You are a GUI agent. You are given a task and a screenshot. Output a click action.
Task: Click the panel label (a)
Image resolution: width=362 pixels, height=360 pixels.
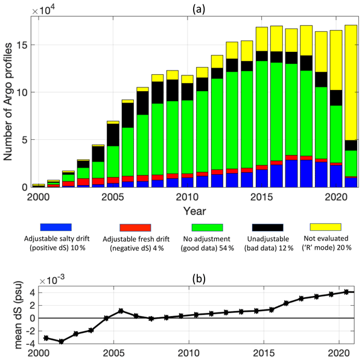point(196,6)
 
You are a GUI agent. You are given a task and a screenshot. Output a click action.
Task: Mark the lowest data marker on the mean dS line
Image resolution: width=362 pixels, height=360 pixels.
point(61,341)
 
